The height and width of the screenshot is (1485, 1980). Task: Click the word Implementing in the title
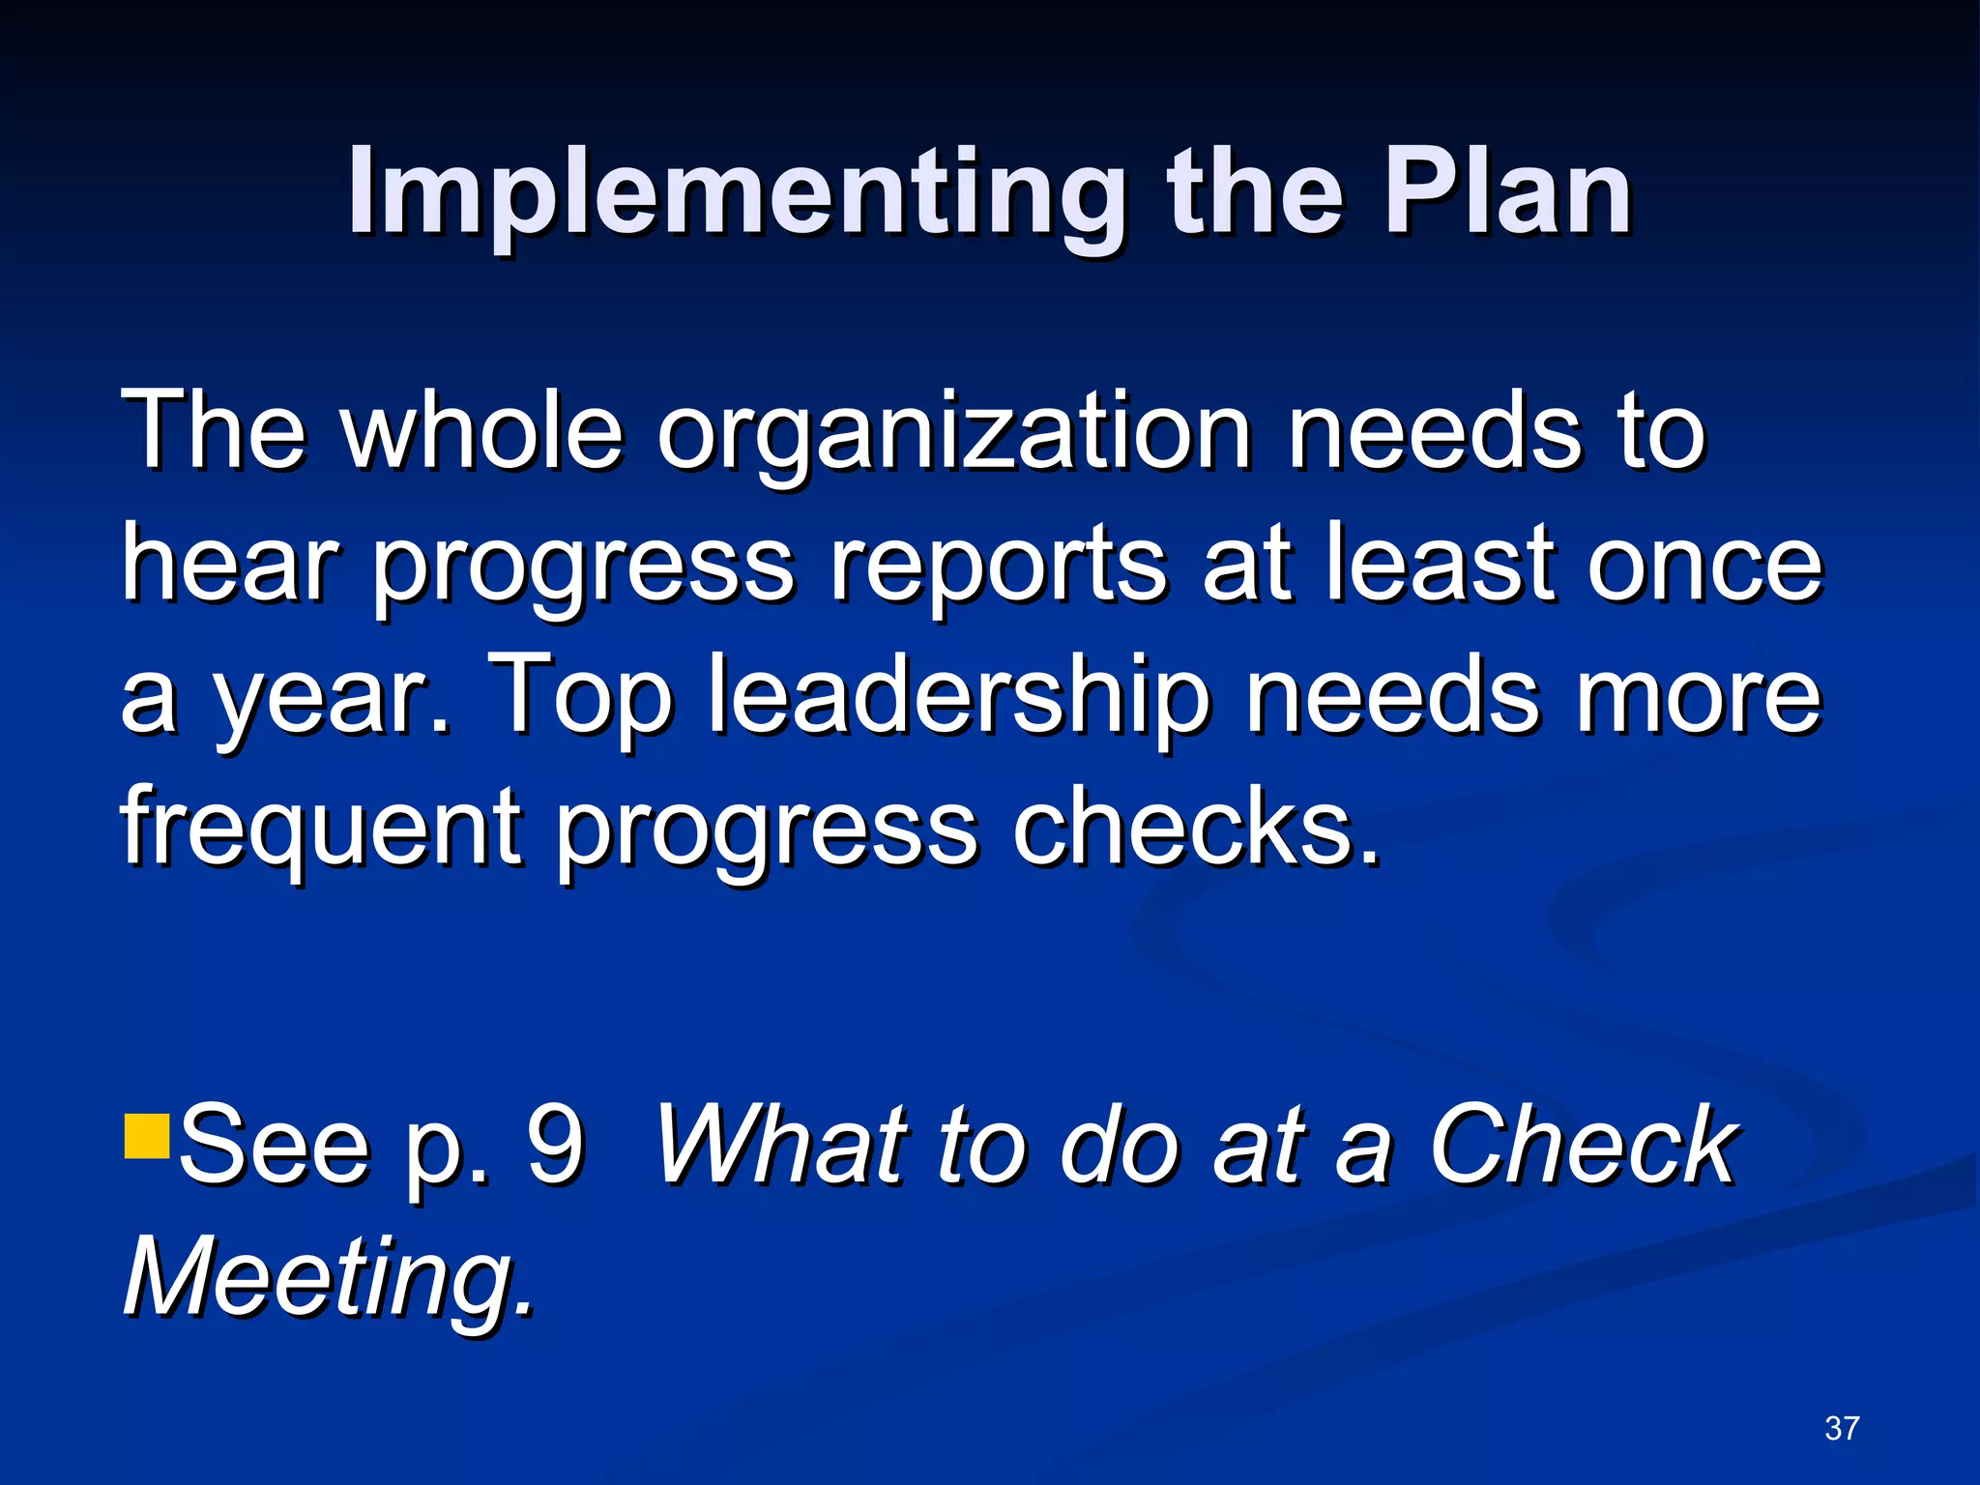pyautogui.click(x=735, y=193)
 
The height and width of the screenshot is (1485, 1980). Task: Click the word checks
pyautogui.click(x=1195, y=828)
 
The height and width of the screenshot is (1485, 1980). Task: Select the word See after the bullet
pyautogui.click(x=275, y=1145)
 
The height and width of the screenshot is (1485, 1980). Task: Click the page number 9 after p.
pyautogui.click(x=555, y=1145)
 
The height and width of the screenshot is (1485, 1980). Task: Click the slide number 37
pyautogui.click(x=1842, y=1428)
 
